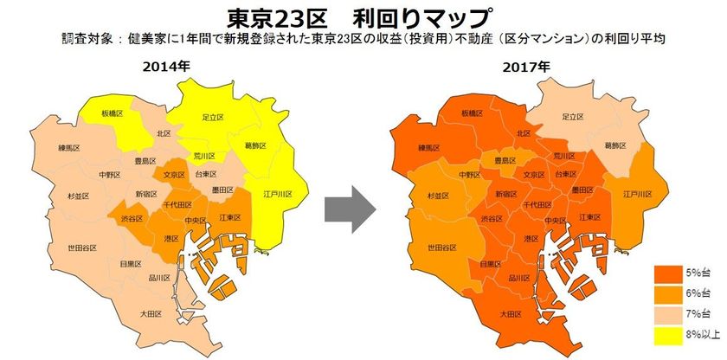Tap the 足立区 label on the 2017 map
[x=574, y=116]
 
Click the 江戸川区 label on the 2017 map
[x=636, y=193]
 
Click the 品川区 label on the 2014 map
[x=159, y=278]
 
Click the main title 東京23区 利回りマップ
[x=363, y=16]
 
